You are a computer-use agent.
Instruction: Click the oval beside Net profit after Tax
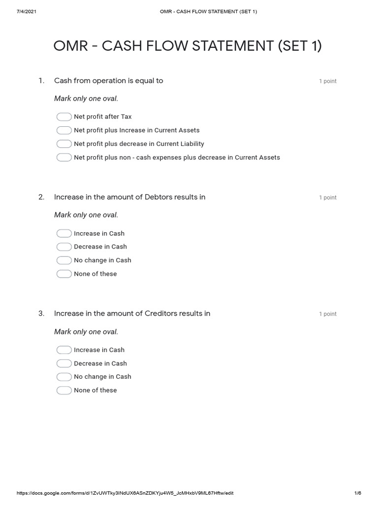pos(64,117)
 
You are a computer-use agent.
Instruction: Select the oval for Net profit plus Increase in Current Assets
pos(64,130)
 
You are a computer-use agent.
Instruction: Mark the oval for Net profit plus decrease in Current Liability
pos(64,144)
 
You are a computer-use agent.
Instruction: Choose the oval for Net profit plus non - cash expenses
pos(64,157)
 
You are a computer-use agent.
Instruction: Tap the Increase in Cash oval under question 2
pos(64,233)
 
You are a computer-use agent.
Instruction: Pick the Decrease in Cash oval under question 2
pos(64,247)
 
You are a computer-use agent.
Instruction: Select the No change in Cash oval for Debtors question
pos(64,260)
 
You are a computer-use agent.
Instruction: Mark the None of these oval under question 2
pos(64,274)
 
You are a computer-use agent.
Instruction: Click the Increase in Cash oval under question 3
pos(64,350)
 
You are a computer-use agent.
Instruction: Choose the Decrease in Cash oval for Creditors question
pos(64,363)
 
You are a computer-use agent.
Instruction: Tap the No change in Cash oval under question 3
pos(64,377)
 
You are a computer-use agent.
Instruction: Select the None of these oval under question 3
pos(64,391)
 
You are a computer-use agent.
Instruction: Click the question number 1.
pos(41,81)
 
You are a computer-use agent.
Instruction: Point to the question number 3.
pos(41,314)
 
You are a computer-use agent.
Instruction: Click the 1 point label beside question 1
pos(328,81)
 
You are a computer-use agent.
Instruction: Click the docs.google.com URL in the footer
pos(128,493)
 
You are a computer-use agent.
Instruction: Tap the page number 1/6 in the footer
pos(358,493)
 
